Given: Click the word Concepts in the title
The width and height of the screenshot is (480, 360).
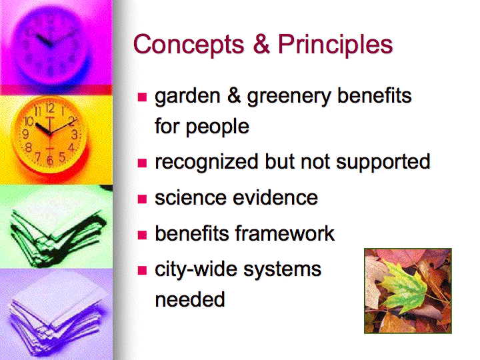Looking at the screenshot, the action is pos(189,45).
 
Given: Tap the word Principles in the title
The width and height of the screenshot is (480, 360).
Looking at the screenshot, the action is pos(335,45).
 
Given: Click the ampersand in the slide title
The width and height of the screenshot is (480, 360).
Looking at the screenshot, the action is pos(261,44).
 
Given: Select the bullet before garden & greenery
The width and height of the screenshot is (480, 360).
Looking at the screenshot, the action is pos(143,97).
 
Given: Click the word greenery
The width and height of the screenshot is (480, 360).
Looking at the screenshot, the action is pos(289,97).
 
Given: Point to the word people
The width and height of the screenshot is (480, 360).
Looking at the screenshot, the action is pos(217,127).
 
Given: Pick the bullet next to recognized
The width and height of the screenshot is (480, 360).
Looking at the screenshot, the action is pos(143,163).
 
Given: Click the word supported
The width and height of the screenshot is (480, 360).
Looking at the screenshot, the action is pos(383,163).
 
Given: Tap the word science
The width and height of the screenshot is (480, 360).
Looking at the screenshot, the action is pos(191,198).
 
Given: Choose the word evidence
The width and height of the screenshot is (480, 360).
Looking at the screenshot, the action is pos(275,198).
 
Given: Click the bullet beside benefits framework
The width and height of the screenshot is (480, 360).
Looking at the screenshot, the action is pos(143,235).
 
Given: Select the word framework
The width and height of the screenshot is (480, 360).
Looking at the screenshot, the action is pos(285,233).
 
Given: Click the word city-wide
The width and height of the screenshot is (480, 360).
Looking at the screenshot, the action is pos(196,269).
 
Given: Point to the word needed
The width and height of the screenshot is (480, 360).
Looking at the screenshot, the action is pos(190,299).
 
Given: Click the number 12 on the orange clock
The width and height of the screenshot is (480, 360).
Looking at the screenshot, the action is pos(51,108).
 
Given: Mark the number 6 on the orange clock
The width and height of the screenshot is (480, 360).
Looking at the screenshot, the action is pos(50,160).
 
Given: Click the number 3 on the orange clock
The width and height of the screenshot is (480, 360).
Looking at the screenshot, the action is pos(75,134).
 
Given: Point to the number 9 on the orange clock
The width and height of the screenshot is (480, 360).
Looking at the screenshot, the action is pos(26,134).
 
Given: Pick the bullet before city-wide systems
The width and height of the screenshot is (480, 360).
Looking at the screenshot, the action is pos(143,271).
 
